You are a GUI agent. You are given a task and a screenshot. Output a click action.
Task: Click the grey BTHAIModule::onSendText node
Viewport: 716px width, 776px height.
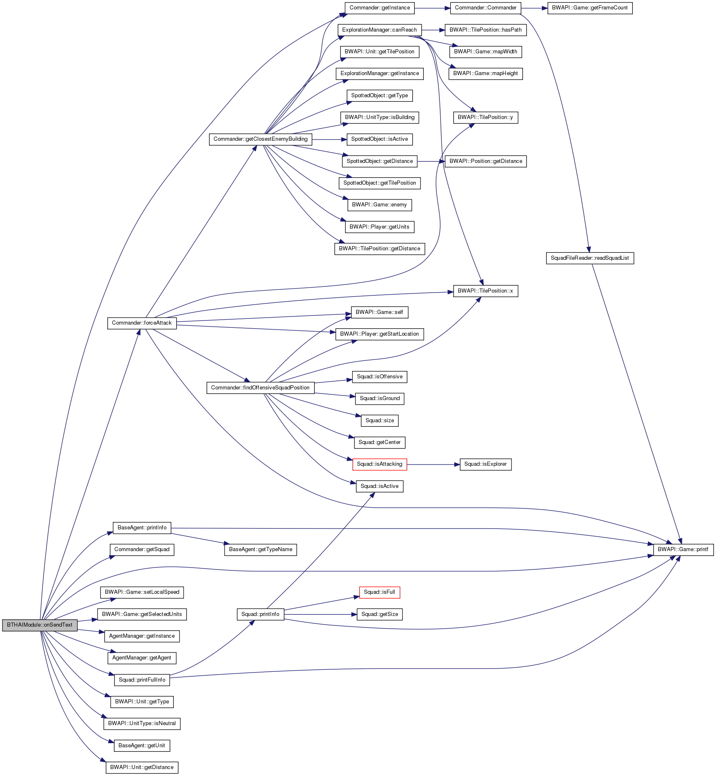(x=39, y=625)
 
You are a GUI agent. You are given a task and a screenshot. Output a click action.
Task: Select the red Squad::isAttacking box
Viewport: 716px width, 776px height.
(x=380, y=464)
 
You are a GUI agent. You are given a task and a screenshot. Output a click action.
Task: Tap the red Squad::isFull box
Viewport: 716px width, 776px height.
(x=380, y=592)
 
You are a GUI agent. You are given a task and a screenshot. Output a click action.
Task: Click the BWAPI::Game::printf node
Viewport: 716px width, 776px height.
(x=683, y=549)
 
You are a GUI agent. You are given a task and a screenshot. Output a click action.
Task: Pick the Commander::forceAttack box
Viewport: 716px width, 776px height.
(x=142, y=323)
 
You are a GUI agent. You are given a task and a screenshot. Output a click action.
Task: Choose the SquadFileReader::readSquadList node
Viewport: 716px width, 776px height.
(x=590, y=258)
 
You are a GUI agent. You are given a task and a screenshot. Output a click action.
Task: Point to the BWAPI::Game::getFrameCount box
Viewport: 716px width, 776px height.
(x=590, y=8)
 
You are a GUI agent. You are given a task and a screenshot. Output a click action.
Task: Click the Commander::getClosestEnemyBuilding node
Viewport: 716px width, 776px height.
(x=260, y=139)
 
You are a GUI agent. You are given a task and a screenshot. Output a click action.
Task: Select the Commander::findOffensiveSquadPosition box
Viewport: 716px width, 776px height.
(x=260, y=388)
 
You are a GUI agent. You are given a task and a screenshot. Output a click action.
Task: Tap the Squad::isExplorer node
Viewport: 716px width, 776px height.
(x=485, y=464)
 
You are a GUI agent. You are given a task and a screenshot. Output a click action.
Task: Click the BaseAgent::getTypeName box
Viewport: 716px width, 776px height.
(x=260, y=549)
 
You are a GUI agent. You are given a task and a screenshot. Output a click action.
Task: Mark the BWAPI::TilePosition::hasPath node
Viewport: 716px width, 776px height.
(x=485, y=30)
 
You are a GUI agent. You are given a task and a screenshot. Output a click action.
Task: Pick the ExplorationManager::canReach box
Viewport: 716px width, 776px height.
(x=380, y=30)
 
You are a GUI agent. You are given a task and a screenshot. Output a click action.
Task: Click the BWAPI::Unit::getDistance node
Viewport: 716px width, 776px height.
(x=142, y=767)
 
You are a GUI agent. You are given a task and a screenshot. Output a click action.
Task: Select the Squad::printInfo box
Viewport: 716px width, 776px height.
(x=260, y=614)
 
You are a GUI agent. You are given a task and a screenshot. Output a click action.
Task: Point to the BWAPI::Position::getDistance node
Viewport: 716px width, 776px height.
(x=485, y=161)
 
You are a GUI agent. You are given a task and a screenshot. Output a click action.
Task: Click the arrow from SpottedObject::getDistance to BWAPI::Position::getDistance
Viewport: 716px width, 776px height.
(x=431, y=161)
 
